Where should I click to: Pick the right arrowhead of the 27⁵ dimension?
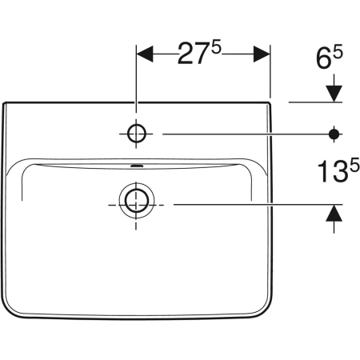[262, 54]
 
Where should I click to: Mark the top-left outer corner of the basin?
[5, 103]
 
